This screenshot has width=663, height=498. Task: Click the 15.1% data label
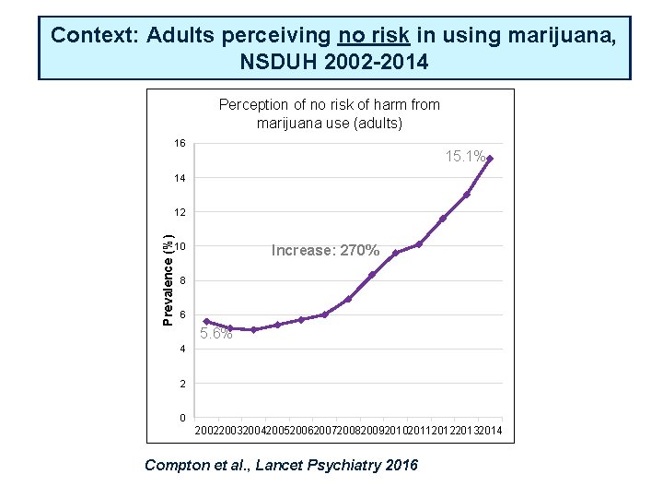coord(465,157)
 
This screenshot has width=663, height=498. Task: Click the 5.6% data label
coord(215,334)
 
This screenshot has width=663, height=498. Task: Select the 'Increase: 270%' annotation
coord(325,250)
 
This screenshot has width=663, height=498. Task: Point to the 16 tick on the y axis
coord(180,144)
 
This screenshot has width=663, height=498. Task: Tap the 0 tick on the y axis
coord(183,419)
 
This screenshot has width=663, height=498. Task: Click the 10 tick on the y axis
coord(180,246)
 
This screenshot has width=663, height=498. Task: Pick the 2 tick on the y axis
coord(183,384)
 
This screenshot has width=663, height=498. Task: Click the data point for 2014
coord(490,159)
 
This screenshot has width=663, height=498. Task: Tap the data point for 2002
coord(206,321)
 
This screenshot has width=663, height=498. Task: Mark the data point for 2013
coord(467,195)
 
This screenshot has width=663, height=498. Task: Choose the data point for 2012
coord(443,219)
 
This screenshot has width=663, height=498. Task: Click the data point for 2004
coord(253,329)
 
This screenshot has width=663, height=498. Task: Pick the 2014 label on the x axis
coord(490,432)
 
